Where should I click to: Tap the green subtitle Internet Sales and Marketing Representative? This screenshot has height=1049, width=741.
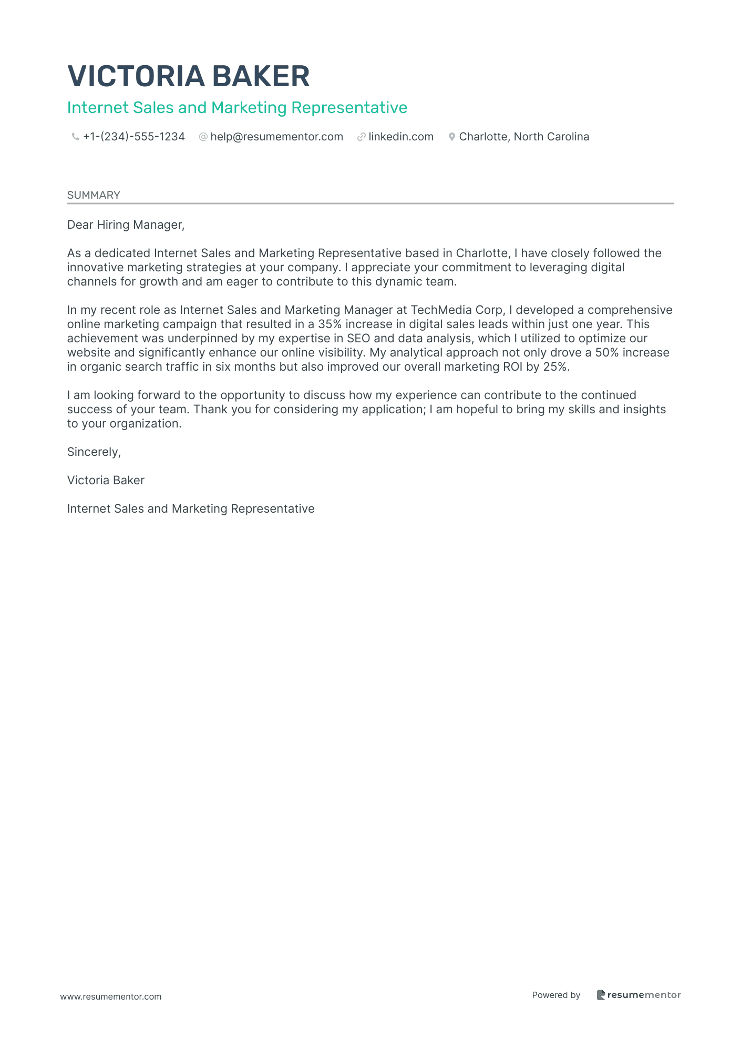coord(237,108)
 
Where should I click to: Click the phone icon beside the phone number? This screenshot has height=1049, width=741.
coord(75,137)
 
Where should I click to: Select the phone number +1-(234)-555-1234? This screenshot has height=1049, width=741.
coord(134,137)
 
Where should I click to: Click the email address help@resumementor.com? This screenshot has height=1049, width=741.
coord(276,137)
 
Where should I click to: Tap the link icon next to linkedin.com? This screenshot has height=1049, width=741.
coord(361,137)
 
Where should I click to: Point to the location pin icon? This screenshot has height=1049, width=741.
coord(451,137)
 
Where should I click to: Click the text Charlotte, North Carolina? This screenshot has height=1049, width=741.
coord(524,137)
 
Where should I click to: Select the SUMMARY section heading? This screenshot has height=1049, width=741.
coord(94,195)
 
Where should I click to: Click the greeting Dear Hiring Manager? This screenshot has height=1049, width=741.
coord(126,225)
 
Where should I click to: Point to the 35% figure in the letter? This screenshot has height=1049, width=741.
coord(330,324)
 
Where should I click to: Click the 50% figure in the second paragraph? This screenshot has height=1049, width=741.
coord(607,353)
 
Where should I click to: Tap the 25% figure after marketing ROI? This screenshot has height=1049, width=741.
coord(555,367)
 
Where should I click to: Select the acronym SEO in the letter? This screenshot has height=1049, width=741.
coord(358,339)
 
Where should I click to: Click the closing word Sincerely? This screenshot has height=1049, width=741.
coord(94,452)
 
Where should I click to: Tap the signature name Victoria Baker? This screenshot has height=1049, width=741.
coord(106,481)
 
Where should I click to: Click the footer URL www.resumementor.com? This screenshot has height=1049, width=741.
coord(111,997)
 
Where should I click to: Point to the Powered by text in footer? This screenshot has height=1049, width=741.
coord(556,995)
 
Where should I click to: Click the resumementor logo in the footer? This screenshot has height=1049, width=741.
coord(639,995)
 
